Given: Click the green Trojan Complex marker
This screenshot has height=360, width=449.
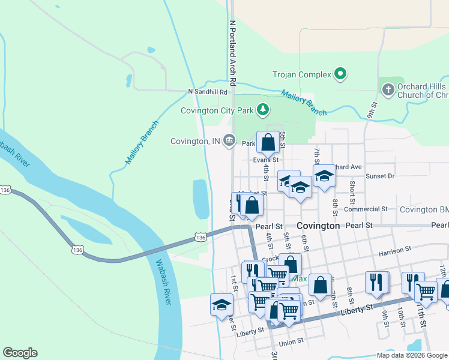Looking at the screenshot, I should click(x=340, y=74).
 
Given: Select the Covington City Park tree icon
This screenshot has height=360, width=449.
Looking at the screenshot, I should click(x=262, y=109).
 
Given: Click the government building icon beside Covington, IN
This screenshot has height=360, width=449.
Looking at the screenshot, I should click(x=229, y=141).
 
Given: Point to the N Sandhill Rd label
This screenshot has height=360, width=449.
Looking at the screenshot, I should click(x=208, y=92).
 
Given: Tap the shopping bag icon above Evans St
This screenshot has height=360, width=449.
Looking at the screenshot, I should click(x=268, y=142).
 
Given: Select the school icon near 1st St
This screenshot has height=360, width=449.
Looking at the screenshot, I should click(x=221, y=304).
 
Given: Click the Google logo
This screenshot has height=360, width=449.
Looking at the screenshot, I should click(x=20, y=353).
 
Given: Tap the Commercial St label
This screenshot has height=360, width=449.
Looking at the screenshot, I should click(x=367, y=209).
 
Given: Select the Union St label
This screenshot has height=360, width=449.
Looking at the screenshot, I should click(x=291, y=340).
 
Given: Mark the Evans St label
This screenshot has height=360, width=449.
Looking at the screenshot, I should click(x=266, y=160).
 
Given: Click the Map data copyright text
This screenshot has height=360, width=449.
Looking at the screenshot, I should click(x=412, y=355).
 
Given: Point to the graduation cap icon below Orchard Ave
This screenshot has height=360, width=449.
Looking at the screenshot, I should click(x=324, y=176).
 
